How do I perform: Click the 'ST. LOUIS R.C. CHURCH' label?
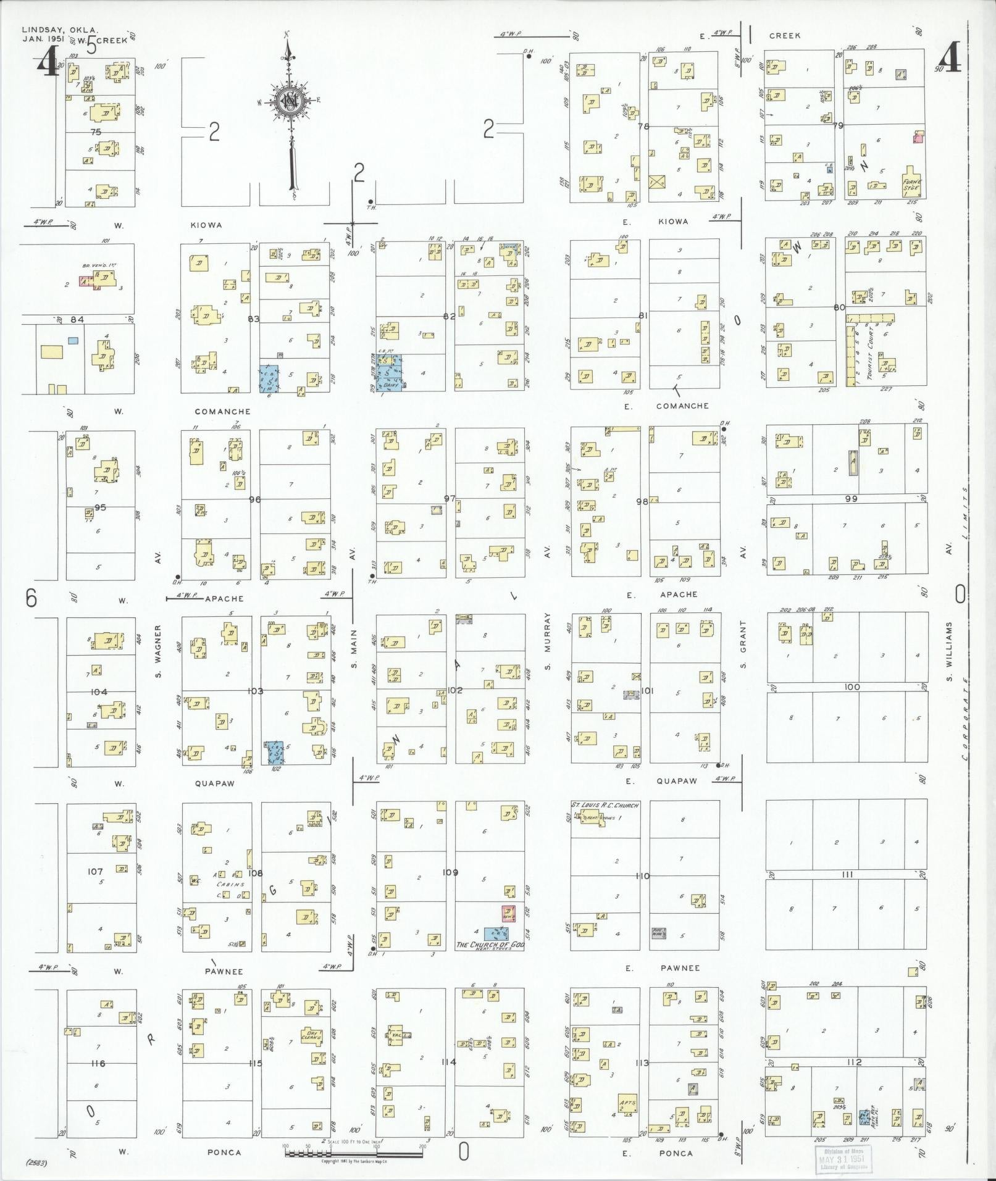coord(605,805)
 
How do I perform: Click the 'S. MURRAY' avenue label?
coord(547,642)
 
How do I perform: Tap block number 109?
coord(450,872)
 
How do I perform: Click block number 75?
coord(96,131)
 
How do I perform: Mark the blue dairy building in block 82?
coord(390,373)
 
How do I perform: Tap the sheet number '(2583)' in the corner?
coord(38,1163)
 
